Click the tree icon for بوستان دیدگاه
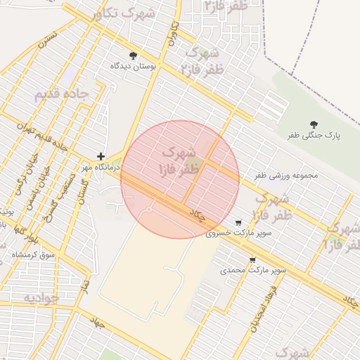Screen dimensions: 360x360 tap(133, 56)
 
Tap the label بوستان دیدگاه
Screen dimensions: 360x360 tap(132, 66)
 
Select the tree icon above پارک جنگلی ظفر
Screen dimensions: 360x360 tap(314, 124)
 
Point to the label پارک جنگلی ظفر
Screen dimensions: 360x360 tap(314, 135)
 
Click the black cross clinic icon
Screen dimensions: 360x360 tap(101, 157)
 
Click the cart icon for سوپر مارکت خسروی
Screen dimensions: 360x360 tap(238, 221)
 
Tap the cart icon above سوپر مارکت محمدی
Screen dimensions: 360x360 tap(252, 259)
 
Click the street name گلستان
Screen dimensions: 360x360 tap(83, 188)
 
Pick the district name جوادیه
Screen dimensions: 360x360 tap(45, 297)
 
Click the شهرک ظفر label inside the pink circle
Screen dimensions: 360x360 tap(180, 161)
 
